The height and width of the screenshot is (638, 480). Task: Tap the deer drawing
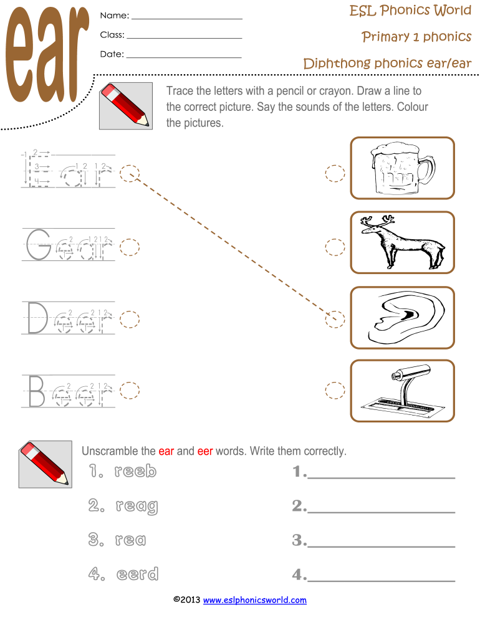click(x=402, y=242)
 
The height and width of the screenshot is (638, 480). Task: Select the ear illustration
click(x=402, y=317)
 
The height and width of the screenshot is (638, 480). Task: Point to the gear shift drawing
click(x=402, y=391)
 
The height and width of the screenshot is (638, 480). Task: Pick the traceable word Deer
click(x=68, y=319)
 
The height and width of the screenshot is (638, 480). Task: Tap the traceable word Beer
click(x=68, y=391)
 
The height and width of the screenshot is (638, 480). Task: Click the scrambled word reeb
click(x=135, y=472)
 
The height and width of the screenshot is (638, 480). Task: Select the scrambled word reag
click(x=137, y=507)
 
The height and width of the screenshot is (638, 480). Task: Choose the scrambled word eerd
click(x=137, y=574)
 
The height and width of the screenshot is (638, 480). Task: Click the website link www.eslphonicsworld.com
click(x=255, y=600)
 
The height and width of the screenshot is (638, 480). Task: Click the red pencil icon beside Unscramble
click(x=45, y=464)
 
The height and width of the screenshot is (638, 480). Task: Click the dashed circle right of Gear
click(x=130, y=247)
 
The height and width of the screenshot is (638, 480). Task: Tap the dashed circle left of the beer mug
click(x=335, y=174)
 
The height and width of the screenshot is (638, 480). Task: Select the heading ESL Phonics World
click(x=410, y=11)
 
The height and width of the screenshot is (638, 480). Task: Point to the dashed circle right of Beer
click(x=130, y=391)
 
